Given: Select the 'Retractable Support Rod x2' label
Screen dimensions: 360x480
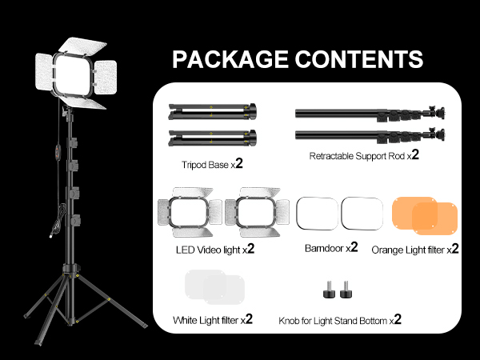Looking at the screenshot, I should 364,155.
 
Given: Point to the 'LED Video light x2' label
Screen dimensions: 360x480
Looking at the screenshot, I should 215,249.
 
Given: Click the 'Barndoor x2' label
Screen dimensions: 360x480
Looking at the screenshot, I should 330,249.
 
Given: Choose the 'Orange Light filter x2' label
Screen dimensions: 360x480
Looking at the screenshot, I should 415,250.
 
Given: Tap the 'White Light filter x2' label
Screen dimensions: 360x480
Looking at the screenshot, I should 213,320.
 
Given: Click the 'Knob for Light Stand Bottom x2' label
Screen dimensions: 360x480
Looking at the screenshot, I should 339,320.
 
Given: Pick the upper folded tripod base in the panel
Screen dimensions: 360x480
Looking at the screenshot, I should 212,110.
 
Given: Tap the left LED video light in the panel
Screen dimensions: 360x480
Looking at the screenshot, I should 190,212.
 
